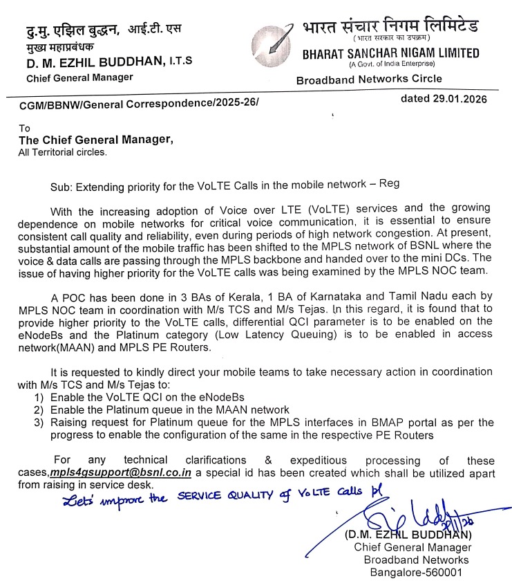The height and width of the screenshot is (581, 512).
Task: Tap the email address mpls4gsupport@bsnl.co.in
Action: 122,472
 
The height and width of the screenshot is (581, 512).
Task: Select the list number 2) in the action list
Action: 39,409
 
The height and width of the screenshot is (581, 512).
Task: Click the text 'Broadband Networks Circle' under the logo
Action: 369,80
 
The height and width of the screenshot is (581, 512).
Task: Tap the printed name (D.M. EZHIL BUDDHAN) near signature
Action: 410,535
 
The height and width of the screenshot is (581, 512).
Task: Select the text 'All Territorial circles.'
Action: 63,151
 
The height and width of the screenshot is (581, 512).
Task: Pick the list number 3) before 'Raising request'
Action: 39,422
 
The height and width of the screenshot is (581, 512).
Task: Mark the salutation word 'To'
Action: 25,128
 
